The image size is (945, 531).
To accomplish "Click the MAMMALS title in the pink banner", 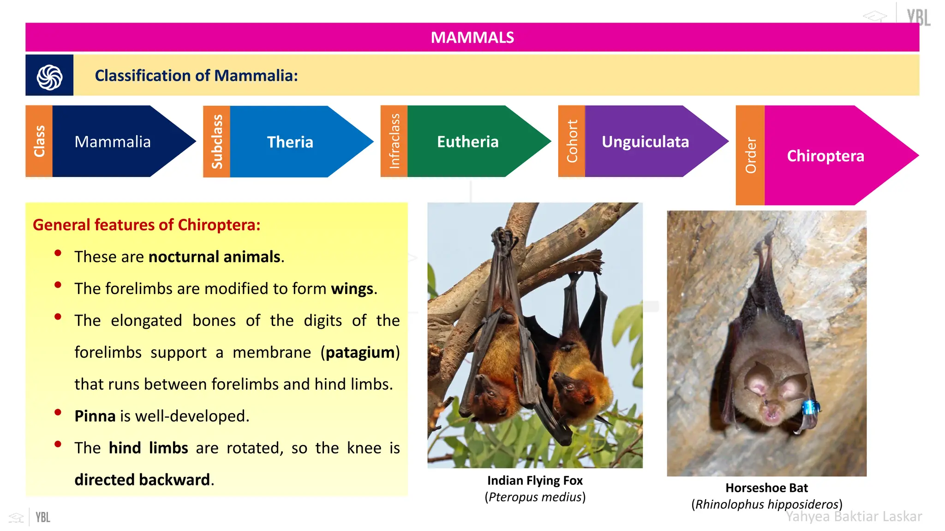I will pos(472,37).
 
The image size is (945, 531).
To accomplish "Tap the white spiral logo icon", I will pos(49,77).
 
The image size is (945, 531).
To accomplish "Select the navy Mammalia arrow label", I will pos(113,142).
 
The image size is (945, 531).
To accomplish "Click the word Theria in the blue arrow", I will pos(290,142).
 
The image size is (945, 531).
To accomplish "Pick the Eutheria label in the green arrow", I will pos(467,142).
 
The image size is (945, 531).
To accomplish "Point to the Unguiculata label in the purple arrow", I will pos(645,142).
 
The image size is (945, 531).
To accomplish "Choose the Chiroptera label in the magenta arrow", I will pos(825,156).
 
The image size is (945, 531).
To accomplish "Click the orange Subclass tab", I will pos(217,142).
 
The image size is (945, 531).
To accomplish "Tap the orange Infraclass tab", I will pos(394,142).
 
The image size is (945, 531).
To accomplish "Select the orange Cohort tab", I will pos(572,142).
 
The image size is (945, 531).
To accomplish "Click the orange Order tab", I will pos(750,155).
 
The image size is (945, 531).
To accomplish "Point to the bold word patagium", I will pos(360,353).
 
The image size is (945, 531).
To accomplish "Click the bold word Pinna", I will pos(95,416).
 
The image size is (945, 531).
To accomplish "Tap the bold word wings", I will pos(352,289).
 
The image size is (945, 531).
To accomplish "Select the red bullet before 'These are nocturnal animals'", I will pos(58,253).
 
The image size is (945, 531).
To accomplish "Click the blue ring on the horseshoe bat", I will pos(810,407).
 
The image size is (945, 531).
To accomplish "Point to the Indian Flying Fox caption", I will pos(535,481).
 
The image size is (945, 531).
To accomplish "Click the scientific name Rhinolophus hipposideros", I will pos(766,505).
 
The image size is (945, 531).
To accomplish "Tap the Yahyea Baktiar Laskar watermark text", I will pos(854,517).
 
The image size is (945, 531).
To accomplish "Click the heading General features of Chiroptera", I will pos(147,225).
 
